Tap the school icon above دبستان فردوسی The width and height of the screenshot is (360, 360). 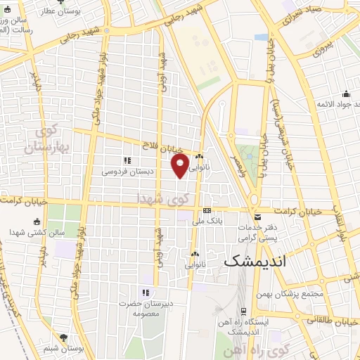tap(127, 160)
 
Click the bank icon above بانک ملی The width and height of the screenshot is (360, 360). tap(207, 210)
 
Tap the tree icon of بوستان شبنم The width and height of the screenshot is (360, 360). tap(64, 337)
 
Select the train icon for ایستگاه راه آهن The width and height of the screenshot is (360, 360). tap(243, 310)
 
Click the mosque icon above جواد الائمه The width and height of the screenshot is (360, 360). tap(346, 94)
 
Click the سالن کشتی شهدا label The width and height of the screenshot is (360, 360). tap(28, 232)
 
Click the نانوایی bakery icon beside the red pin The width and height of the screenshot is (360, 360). tap(200, 157)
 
